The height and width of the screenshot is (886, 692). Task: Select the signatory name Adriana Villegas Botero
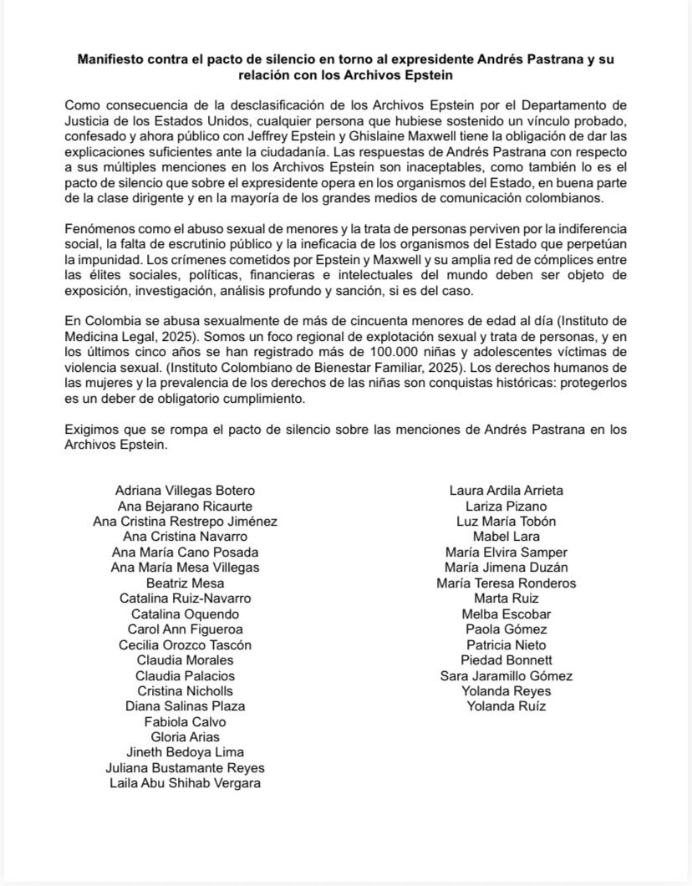point(185,491)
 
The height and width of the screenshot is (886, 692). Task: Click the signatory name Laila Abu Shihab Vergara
point(185,783)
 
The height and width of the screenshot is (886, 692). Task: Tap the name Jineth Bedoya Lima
point(185,752)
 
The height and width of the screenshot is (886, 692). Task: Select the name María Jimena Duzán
point(506,568)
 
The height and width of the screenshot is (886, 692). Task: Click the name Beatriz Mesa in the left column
point(185,583)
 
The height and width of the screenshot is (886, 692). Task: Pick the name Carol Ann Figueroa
point(185,629)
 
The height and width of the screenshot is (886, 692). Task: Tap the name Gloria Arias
point(185,737)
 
